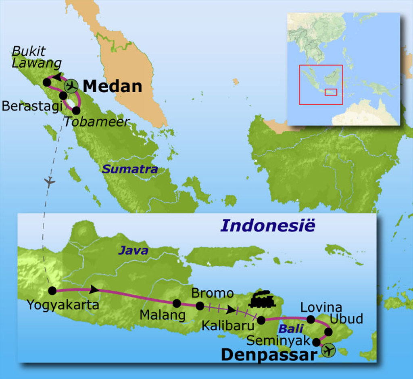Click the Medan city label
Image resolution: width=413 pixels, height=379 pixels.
click(113, 86)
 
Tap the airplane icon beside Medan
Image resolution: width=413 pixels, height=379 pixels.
click(71, 85)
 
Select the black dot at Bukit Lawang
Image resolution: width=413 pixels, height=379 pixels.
click(47, 82)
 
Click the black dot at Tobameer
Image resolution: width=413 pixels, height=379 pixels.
click(76, 110)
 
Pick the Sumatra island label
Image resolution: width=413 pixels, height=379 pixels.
click(129, 169)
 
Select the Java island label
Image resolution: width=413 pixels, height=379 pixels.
click(133, 251)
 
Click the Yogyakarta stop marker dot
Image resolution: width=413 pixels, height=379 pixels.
click(52, 290)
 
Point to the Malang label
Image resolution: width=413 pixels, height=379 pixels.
click(163, 315)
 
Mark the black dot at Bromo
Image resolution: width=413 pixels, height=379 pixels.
click(200, 306)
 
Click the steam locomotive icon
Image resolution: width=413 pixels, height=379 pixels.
click(262, 299)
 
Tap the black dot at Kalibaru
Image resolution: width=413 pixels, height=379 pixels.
click(261, 321)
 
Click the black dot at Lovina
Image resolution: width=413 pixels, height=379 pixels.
click(311, 320)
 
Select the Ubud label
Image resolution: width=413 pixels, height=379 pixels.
click(346, 319)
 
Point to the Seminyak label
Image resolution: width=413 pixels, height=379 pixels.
click(278, 341)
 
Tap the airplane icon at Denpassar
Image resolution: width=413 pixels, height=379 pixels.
click(329, 350)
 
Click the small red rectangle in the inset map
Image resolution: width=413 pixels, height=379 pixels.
click(331, 92)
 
